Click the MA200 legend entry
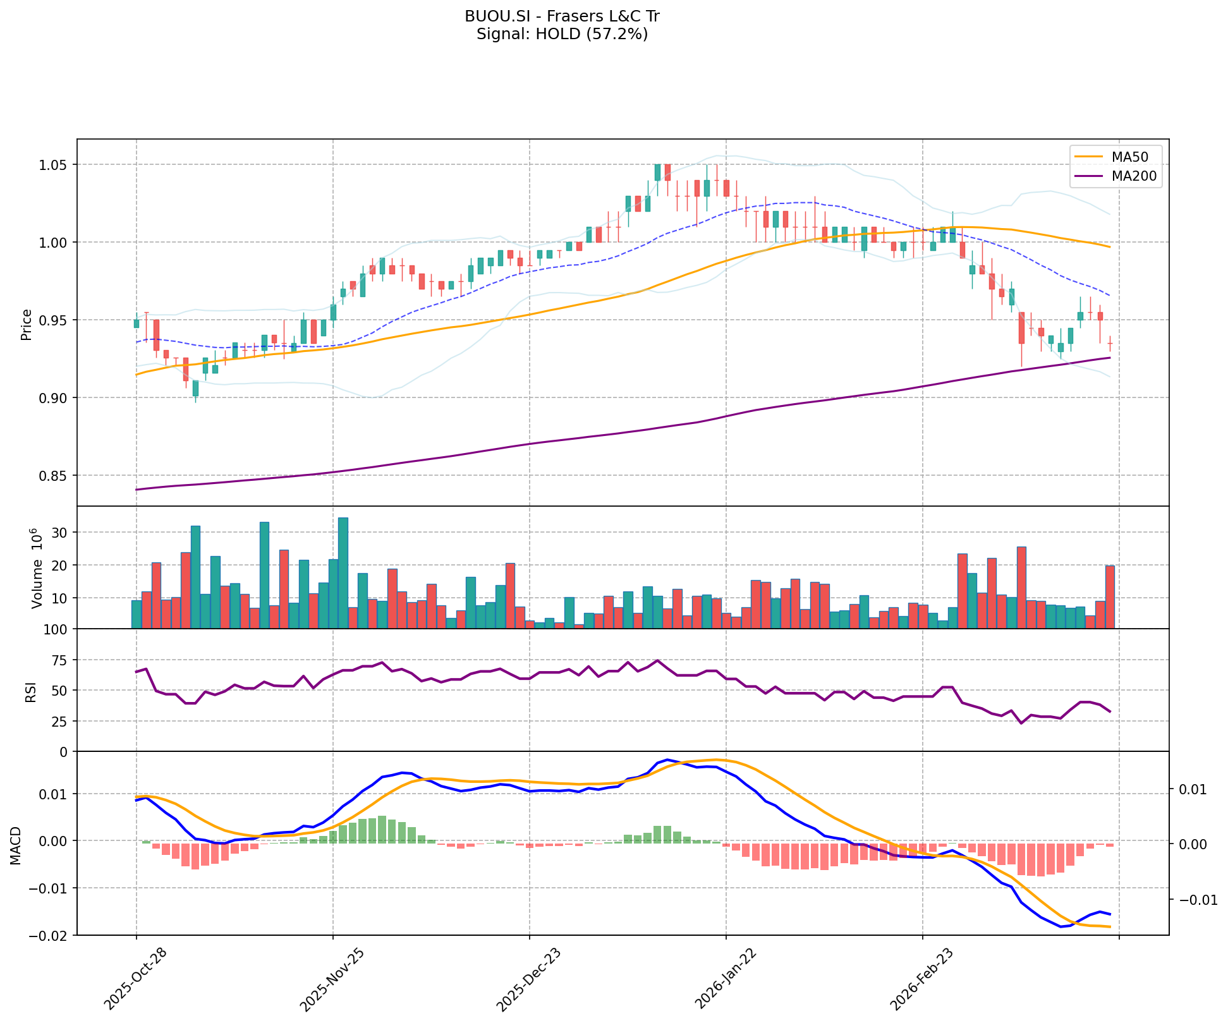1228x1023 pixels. tap(1133, 176)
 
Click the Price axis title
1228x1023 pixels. tap(27, 325)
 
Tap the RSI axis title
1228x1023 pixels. tap(30, 691)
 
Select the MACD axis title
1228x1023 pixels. tap(16, 845)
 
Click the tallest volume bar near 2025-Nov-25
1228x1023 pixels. tap(343, 572)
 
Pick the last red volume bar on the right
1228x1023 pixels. tap(1110, 596)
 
